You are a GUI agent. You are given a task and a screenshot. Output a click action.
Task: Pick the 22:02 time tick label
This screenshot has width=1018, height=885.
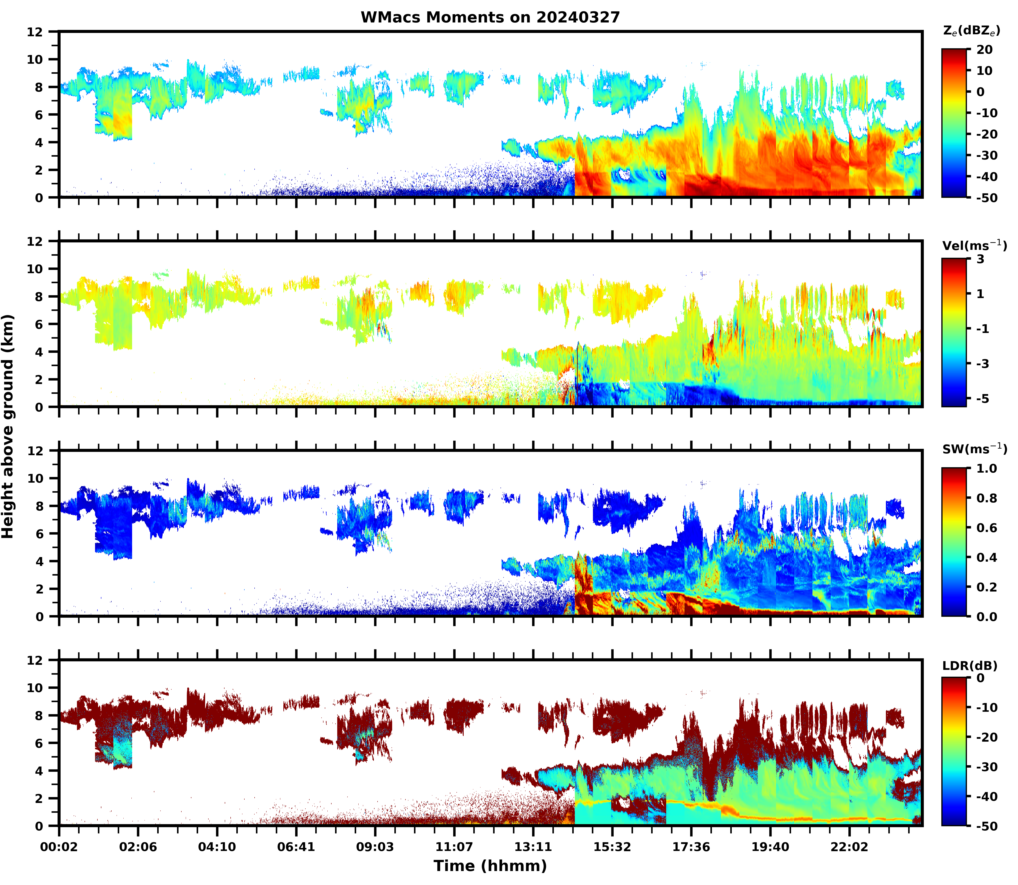[x=849, y=846]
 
